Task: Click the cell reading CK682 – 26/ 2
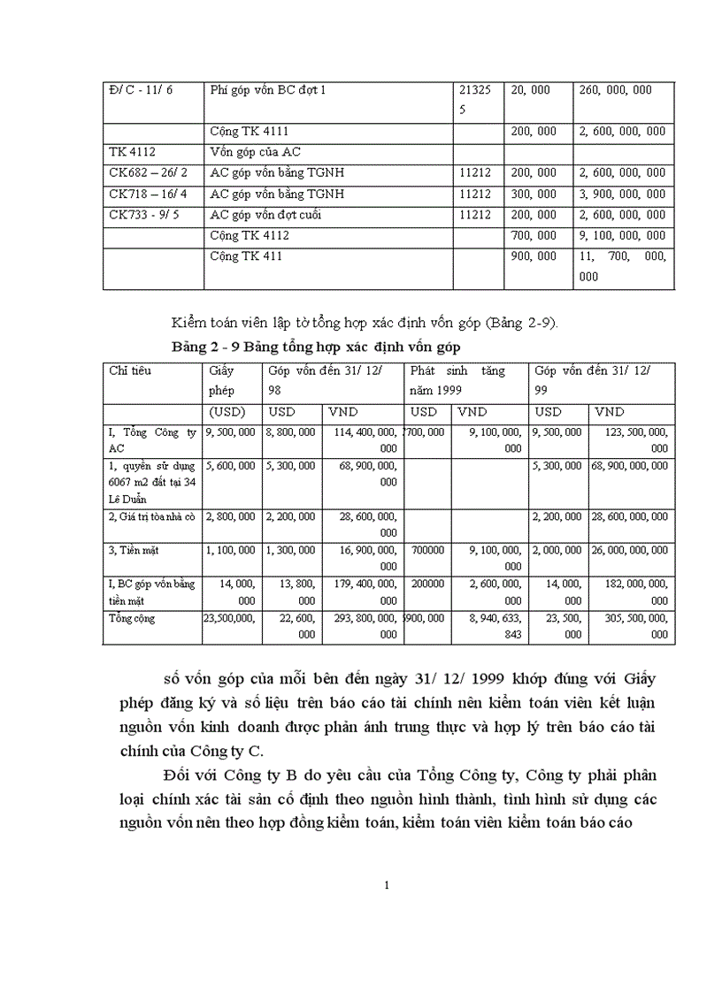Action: [x=152, y=173]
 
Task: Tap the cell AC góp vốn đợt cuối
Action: [x=276, y=215]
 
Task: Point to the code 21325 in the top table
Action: [x=475, y=90]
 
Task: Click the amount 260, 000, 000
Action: [x=615, y=90]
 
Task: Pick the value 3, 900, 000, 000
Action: [x=621, y=194]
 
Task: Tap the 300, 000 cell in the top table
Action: [x=534, y=194]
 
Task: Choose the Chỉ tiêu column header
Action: [x=130, y=371]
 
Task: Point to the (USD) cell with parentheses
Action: [x=227, y=412]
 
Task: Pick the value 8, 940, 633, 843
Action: [x=490, y=626]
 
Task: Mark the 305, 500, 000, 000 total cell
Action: [x=632, y=626]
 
